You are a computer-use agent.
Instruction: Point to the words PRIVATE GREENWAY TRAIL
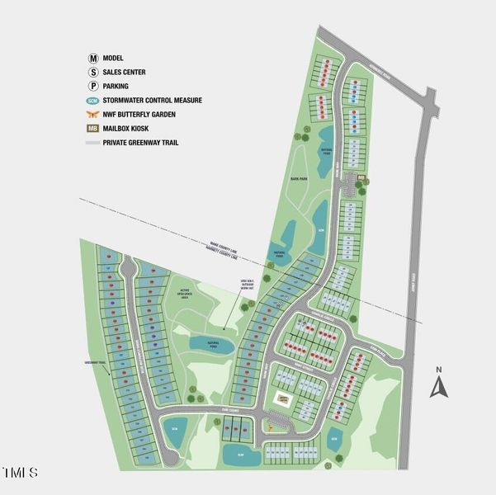141,142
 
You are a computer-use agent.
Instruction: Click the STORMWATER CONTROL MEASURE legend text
153,100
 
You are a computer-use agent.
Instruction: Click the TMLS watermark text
21,473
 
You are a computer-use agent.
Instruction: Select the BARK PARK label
300,177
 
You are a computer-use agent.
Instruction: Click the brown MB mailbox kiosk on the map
361,176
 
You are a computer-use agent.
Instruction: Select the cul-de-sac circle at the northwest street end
127,267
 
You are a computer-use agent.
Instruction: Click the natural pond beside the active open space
214,341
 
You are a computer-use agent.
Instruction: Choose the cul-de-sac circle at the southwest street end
169,455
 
